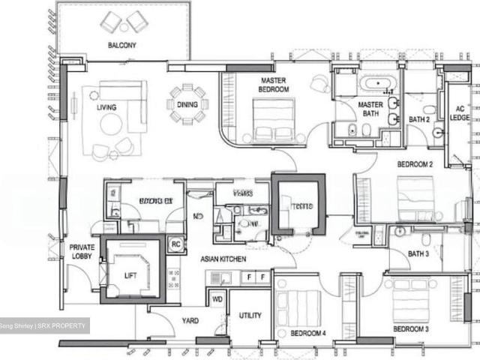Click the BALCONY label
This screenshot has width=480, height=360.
pyautogui.click(x=121, y=45)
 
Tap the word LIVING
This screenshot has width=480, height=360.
pyautogui.click(x=106, y=107)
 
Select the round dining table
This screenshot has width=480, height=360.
pyautogui.click(x=187, y=105)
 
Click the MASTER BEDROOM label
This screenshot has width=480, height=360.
pyautogui.click(x=274, y=85)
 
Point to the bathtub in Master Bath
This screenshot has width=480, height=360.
pyautogui.click(x=372, y=83)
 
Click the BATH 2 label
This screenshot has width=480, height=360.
pyautogui.click(x=418, y=119)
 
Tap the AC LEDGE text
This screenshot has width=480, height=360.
pyautogui.click(x=459, y=112)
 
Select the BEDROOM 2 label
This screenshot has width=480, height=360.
pyautogui.click(x=415, y=163)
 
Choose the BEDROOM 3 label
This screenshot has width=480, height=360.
pyautogui.click(x=411, y=328)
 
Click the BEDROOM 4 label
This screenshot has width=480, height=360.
pyautogui.click(x=308, y=332)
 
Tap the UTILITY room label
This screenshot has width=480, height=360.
pyautogui.click(x=250, y=316)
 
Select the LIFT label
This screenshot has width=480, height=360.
pyautogui.click(x=130, y=275)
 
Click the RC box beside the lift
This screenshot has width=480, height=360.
pyautogui.click(x=175, y=244)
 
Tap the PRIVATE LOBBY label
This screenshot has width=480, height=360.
pyautogui.click(x=82, y=251)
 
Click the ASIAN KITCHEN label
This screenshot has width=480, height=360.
pyautogui.click(x=223, y=259)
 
